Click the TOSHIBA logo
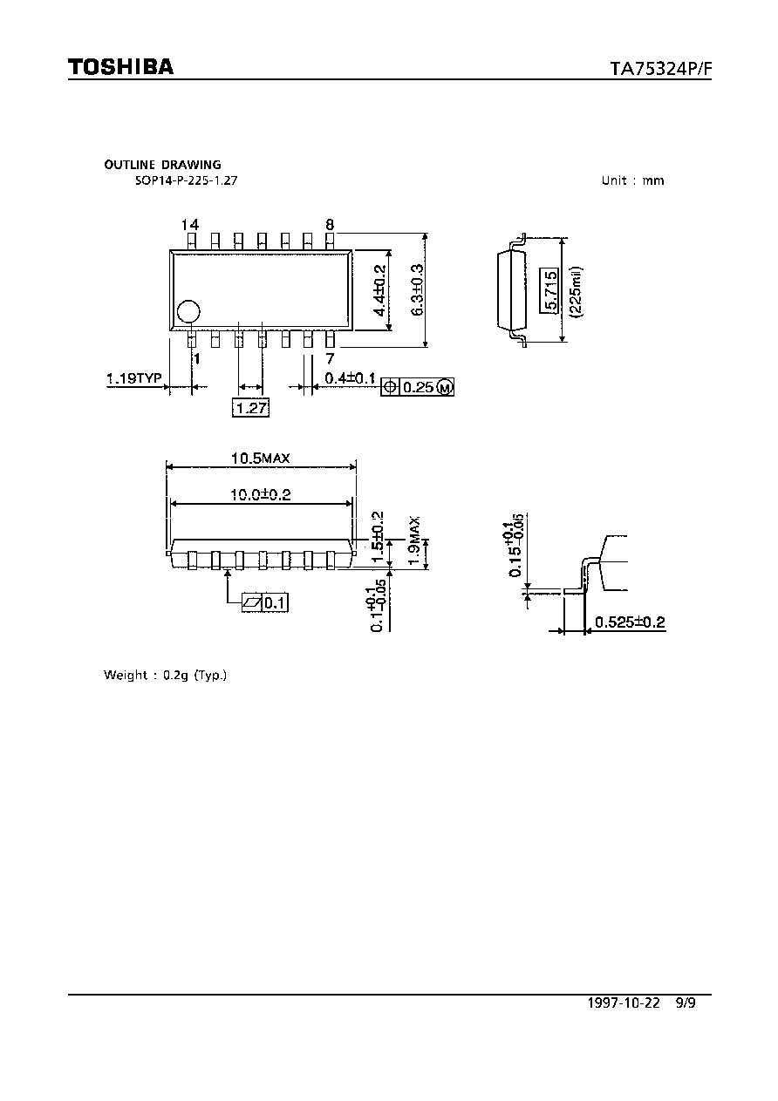tap(120, 66)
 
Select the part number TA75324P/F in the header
tap(660, 69)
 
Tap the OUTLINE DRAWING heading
tap(162, 165)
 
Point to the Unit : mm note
tap(632, 180)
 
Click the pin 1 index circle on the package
tap(189, 311)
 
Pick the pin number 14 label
tap(190, 225)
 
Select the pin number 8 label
tap(330, 225)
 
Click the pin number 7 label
tap(330, 358)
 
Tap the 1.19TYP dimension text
tap(134, 378)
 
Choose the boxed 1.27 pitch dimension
tap(251, 407)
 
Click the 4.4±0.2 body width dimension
tap(379, 290)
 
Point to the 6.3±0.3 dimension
tap(417, 290)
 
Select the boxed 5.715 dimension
tap(549, 290)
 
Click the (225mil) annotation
tap(576, 292)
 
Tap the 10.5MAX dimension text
tap(261, 458)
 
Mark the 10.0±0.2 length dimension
tap(261, 494)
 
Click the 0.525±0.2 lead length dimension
tap(630, 622)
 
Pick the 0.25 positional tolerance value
tap(419, 387)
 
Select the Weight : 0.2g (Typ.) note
tap(165, 676)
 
